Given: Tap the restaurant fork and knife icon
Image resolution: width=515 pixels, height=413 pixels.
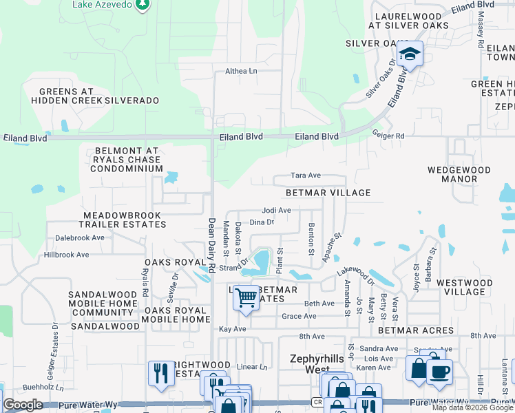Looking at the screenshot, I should coord(160,372).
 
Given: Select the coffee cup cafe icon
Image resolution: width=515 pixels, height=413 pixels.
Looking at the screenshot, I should coord(439,371).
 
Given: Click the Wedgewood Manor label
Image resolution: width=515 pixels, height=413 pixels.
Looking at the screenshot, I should coord(452,173).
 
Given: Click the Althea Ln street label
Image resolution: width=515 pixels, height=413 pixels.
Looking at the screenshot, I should coord(241,71).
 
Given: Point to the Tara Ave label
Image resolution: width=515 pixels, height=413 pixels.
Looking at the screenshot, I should coord(306,176).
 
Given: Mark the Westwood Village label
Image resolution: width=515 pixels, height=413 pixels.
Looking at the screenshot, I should coord(465,287).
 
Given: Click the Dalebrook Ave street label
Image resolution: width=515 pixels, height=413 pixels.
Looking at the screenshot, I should coord(79,237).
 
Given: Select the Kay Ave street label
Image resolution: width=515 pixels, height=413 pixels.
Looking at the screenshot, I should coord(232,329).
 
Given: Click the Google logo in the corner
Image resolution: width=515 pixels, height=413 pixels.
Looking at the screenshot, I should coord(23,405).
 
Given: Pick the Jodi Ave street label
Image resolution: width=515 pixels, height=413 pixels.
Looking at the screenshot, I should coord(277,210).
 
